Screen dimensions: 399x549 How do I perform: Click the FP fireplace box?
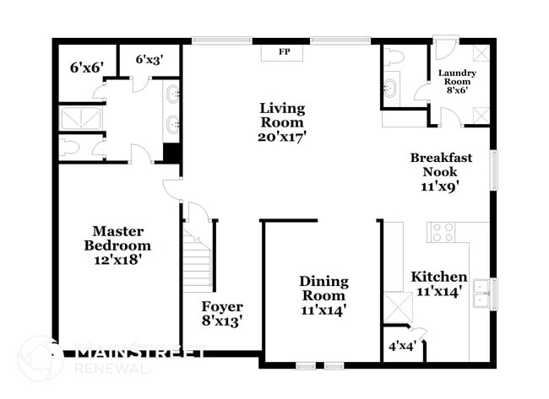click(x=285, y=52)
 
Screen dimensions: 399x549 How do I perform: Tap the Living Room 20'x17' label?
click(x=281, y=121)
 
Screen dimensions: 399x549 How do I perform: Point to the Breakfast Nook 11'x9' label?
click(x=440, y=171)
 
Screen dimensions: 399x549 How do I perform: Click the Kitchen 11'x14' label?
click(x=438, y=283)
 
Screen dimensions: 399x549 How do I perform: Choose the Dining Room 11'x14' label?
click(x=323, y=295)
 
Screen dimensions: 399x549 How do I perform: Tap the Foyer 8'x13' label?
click(x=222, y=314)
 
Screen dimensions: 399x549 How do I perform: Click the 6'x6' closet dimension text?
click(x=85, y=66)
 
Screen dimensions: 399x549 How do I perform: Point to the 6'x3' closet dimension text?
click(x=149, y=59)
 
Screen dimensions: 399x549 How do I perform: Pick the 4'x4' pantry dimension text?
click(x=401, y=345)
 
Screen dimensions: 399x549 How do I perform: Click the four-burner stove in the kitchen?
click(x=443, y=232)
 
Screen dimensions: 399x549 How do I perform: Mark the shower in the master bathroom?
click(x=81, y=117)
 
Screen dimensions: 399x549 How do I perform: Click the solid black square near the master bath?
click(x=171, y=154)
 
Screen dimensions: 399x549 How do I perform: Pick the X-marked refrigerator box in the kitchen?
click(x=396, y=304)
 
